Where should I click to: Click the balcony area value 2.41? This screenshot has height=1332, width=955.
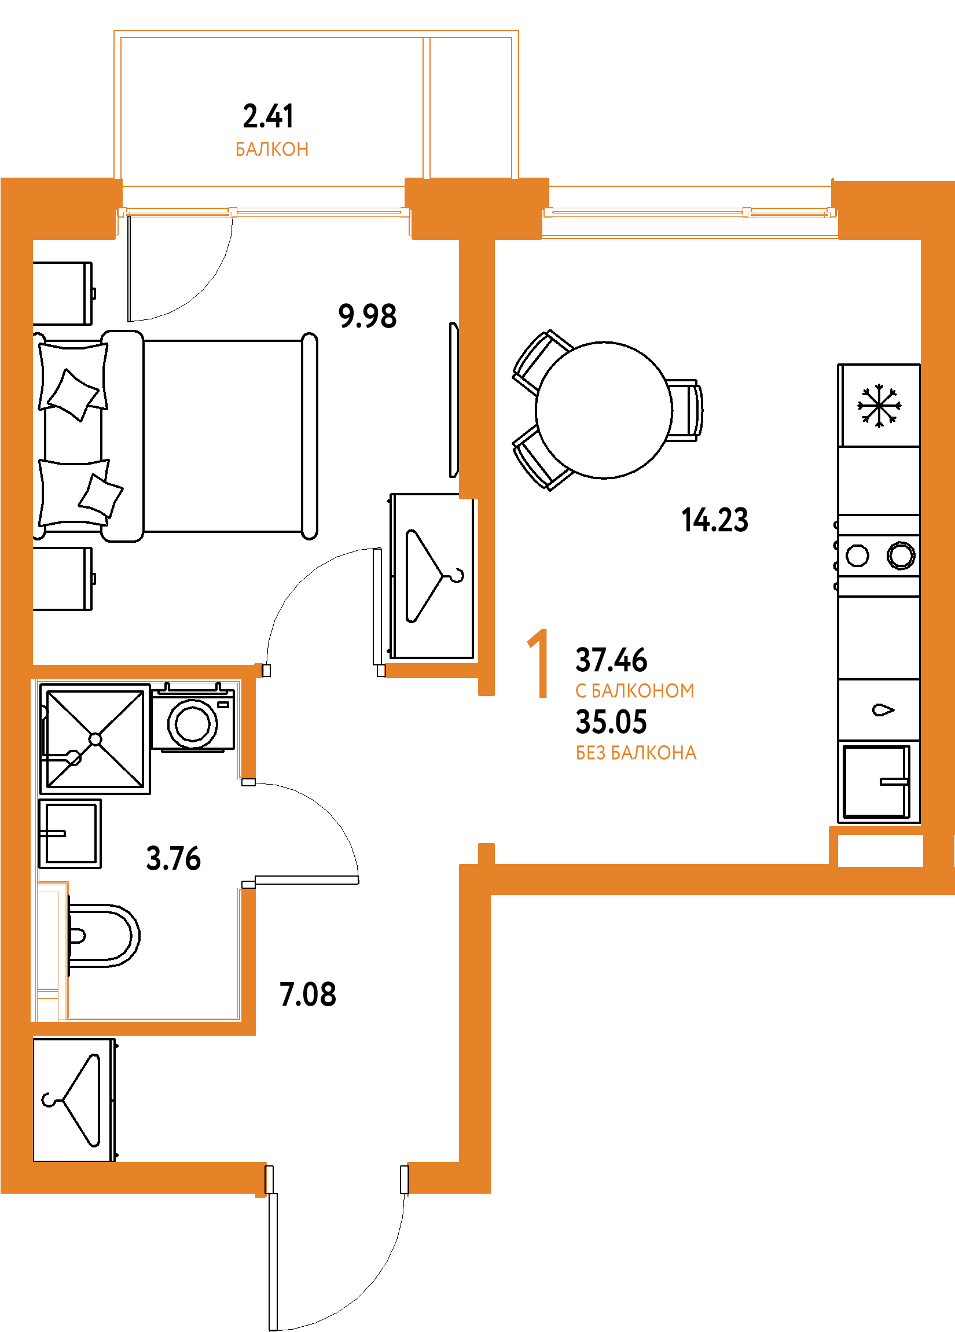[269, 116]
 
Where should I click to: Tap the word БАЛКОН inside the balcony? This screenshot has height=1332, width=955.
[272, 150]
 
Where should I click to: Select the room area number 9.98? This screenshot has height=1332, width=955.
[368, 316]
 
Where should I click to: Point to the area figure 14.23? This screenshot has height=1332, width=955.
[714, 520]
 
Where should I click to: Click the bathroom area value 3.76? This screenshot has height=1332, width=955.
[173, 858]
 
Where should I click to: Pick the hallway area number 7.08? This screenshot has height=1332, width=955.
[308, 994]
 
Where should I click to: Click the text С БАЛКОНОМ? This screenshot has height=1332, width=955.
[635, 691]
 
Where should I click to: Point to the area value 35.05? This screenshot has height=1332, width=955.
[611, 722]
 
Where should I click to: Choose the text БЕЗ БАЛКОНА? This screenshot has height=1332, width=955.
[636, 753]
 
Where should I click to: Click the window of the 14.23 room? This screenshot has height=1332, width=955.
[690, 212]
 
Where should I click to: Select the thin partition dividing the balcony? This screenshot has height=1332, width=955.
[427, 108]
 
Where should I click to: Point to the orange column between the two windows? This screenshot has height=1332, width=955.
[477, 208]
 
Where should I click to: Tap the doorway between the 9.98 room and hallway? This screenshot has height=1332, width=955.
[324, 670]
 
